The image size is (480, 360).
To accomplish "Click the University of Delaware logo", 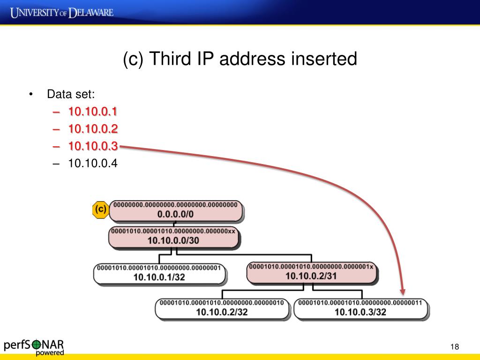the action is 62,12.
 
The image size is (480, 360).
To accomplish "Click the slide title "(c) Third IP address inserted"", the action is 240,60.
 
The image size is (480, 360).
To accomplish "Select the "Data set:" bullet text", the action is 71,94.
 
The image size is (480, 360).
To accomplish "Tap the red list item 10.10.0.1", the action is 93,112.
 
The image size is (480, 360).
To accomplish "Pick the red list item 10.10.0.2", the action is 93,129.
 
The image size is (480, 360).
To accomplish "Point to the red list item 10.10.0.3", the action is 93,146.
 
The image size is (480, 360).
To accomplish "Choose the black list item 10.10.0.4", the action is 93,164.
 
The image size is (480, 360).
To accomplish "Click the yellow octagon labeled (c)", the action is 100,210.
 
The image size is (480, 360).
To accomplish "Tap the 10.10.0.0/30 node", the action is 174,237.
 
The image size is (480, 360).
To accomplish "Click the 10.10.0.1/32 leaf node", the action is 160,274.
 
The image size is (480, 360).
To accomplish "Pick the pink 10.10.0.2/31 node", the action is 311,272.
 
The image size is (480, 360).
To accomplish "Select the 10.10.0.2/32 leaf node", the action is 222,308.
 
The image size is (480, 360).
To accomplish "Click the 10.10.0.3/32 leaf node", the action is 360,308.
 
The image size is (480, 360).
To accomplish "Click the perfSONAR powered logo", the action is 34,346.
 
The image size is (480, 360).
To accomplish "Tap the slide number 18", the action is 454,347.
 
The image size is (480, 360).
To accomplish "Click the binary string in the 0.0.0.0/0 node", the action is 176,205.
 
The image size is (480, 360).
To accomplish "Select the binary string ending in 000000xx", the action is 174,231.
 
